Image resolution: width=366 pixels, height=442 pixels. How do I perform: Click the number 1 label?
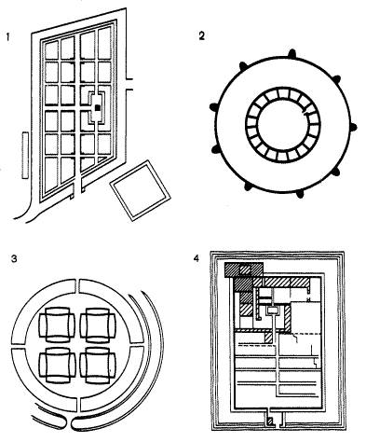click(x=7, y=37)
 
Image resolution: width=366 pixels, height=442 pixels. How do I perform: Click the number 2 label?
click(x=202, y=36)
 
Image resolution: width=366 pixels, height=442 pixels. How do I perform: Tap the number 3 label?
click(x=14, y=259)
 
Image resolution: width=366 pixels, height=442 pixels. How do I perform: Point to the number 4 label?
click(x=196, y=258)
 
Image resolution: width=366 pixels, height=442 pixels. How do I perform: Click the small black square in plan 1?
click(x=98, y=107)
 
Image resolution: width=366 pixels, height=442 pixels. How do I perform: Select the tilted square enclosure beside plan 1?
click(x=140, y=190)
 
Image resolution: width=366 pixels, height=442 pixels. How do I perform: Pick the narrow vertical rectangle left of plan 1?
click(x=25, y=156)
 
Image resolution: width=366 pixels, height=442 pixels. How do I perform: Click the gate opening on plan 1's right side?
click(x=129, y=84)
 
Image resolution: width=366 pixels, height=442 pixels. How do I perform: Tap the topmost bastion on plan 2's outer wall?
click(x=291, y=54)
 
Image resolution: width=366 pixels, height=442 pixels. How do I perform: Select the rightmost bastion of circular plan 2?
click(x=353, y=127)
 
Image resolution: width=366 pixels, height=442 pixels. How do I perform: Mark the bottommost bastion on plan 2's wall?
click(x=300, y=194)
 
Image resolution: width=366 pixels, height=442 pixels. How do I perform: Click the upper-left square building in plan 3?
click(x=57, y=325)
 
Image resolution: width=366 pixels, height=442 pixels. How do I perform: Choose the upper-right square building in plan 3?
click(x=98, y=325)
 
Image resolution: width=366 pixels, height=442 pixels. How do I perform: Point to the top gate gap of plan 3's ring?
click(x=77, y=286)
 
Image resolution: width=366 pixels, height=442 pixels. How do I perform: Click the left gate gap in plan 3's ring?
click(x=20, y=346)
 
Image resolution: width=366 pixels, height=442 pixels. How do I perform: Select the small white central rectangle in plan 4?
click(x=273, y=310)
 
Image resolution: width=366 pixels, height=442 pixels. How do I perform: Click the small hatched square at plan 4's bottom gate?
click(x=271, y=421)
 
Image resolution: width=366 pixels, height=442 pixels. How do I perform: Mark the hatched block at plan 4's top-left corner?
click(x=244, y=269)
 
